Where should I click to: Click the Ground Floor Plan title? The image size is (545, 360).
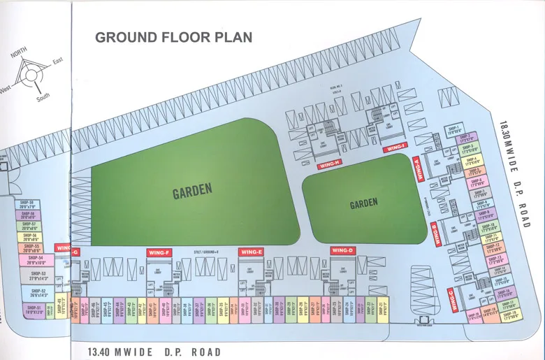174,37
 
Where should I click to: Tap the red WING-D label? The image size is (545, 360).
343,251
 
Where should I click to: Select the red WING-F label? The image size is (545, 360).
159,252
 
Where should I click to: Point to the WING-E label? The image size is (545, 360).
251,252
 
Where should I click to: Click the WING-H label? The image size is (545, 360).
329,165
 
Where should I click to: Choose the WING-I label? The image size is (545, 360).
395,147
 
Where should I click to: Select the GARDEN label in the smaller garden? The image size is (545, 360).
363,203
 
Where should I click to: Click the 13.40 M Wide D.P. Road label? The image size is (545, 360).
154,352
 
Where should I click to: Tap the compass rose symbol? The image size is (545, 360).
31,73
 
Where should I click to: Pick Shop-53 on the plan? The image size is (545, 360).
37,275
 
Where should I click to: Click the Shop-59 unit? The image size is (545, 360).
27,205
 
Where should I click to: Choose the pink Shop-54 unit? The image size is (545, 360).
36,260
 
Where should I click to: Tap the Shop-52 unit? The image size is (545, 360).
38,293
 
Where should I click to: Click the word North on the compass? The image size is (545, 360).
18,55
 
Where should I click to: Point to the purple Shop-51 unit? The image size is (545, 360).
34,310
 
